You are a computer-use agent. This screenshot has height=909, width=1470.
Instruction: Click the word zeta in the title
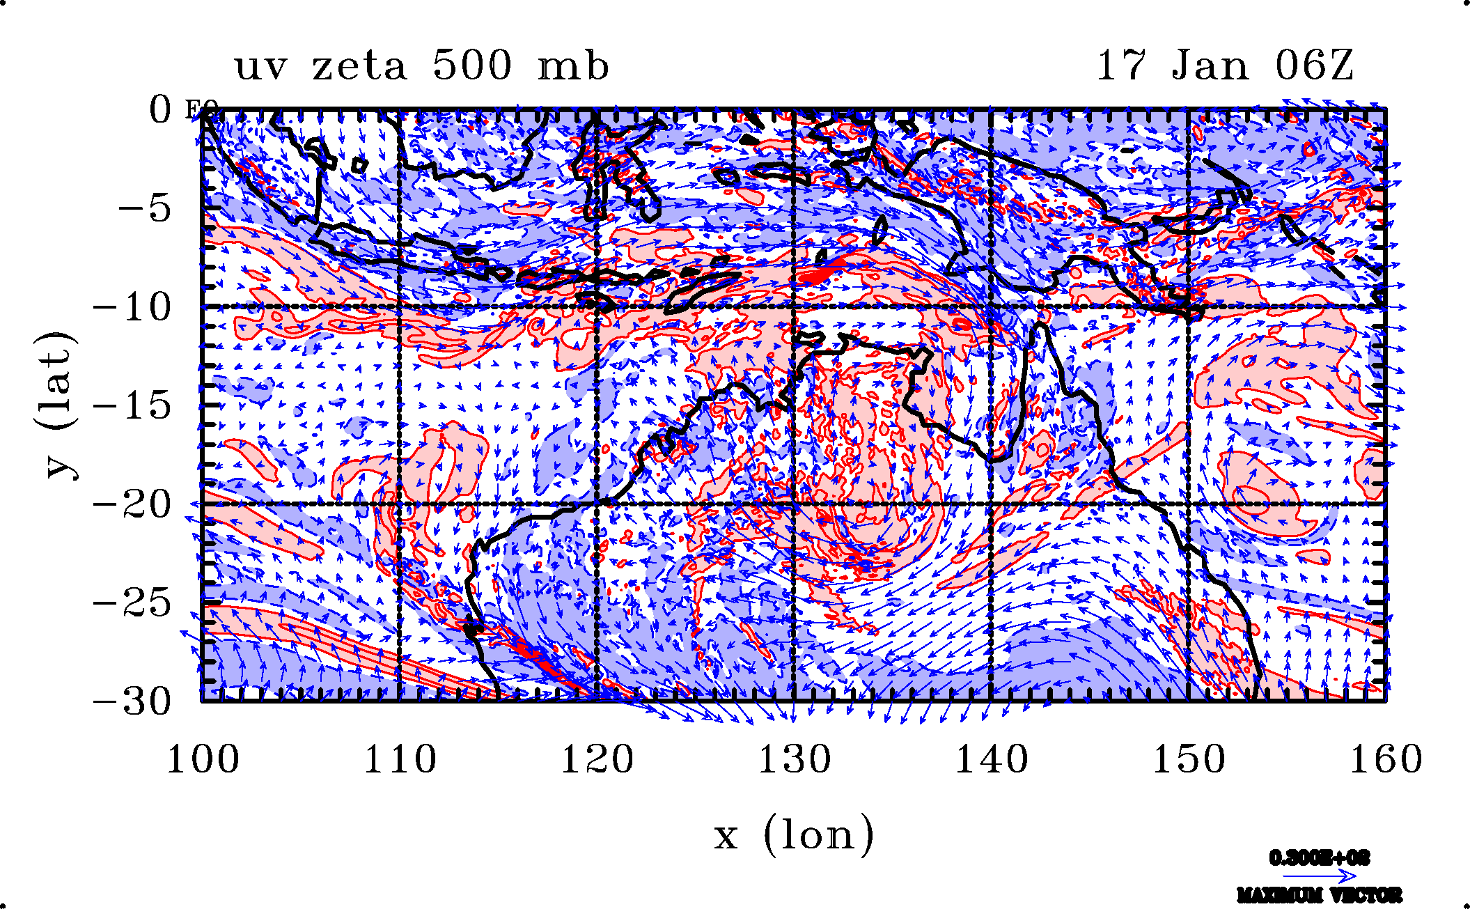pos(359,67)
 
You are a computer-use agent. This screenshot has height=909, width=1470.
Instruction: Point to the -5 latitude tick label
pos(144,208)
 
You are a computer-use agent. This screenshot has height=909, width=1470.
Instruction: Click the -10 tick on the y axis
pos(132,306)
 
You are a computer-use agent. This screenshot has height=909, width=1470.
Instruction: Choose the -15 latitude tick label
pos(132,405)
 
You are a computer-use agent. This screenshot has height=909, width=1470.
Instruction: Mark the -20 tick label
pos(132,504)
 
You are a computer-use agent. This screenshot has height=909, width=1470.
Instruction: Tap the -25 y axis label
pos(132,603)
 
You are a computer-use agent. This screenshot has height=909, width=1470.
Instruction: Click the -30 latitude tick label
pos(132,701)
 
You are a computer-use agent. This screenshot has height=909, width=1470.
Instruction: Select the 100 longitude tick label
pos(203,759)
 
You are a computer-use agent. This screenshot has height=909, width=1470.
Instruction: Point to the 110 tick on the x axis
pos(400,759)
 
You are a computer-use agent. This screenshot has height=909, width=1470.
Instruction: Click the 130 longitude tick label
pos(795,759)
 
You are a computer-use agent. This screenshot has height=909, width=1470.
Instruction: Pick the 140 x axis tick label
pos(992,759)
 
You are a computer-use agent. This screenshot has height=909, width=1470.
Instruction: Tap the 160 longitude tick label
pos(1386,759)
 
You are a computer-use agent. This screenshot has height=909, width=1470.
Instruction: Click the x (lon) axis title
pos(794,835)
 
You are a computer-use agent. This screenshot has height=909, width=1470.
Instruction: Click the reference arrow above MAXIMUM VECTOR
pos(1319,876)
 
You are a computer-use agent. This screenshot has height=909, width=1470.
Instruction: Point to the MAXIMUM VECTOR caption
pos(1319,895)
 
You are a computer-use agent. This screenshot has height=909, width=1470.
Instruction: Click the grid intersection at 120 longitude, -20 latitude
pos(597,504)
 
